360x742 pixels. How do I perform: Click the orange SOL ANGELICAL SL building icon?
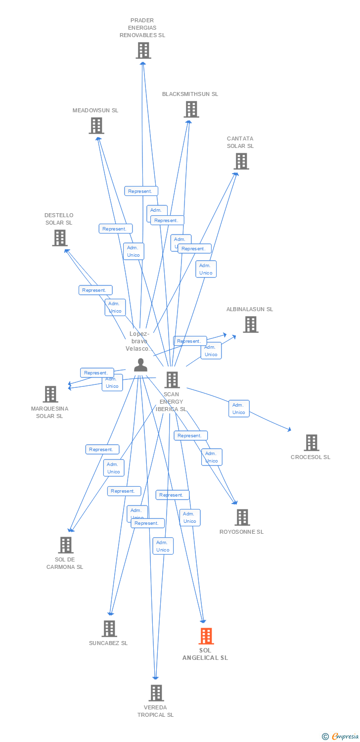coord(206,636)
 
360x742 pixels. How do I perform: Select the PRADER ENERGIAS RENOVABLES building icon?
coord(143,50)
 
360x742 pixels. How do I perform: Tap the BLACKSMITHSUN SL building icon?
coord(191,109)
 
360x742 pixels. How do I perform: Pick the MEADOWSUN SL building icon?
coord(96,126)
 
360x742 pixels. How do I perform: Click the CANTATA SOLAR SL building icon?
coord(241,161)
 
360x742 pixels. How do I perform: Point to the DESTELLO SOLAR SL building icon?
coord(60,238)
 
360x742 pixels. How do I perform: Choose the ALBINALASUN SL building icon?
coord(251,325)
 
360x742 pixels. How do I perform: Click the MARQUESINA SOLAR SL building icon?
coord(50,394)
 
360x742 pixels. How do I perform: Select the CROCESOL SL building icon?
coord(311,443)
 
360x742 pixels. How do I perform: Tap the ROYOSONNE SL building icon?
coord(242,517)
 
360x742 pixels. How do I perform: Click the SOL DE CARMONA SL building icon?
coord(66,545)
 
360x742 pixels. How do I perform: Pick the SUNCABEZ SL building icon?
coord(109,629)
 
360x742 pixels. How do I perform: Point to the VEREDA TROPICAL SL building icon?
coord(156,693)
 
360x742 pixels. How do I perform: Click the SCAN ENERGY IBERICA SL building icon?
coord(172,380)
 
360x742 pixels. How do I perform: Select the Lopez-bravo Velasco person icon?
coord(140,365)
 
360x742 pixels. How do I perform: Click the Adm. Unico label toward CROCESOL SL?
coord(239,409)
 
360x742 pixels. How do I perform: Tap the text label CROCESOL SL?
coord(311,457)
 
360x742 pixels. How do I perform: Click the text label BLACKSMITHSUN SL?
coord(190,94)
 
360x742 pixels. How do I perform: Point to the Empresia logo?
coord(341,737)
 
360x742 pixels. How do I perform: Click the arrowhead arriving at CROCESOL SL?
coord(290,430)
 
